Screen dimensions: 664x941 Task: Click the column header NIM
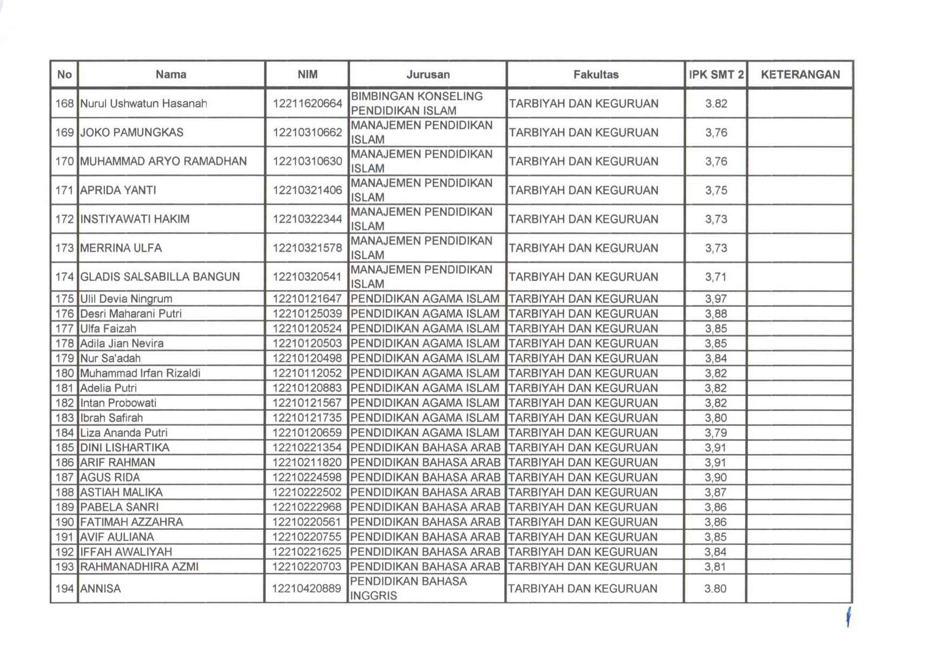tap(307, 75)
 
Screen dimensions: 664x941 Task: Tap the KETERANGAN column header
tap(800, 75)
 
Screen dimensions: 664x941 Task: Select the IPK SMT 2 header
tap(716, 75)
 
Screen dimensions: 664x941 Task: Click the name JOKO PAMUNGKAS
tap(131, 133)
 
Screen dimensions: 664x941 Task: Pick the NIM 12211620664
tap(307, 103)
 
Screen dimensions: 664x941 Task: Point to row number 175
tap(64, 299)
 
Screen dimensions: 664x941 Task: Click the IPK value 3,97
tap(716, 299)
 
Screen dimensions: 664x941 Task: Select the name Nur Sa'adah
tap(110, 358)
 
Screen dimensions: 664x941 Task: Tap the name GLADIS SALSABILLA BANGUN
tap(160, 277)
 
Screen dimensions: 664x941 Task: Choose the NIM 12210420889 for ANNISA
tap(307, 589)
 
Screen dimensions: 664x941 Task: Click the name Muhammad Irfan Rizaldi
tap(140, 373)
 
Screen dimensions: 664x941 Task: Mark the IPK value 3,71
tap(716, 277)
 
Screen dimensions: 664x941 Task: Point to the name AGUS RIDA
tap(110, 477)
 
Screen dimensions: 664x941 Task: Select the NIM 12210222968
tap(307, 507)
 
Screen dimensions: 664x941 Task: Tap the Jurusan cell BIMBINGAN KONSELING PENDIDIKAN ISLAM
tap(417, 103)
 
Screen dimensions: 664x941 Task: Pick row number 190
tap(64, 522)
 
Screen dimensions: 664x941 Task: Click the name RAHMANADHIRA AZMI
tap(139, 567)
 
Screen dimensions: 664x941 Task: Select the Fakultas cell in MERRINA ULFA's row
tap(583, 248)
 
